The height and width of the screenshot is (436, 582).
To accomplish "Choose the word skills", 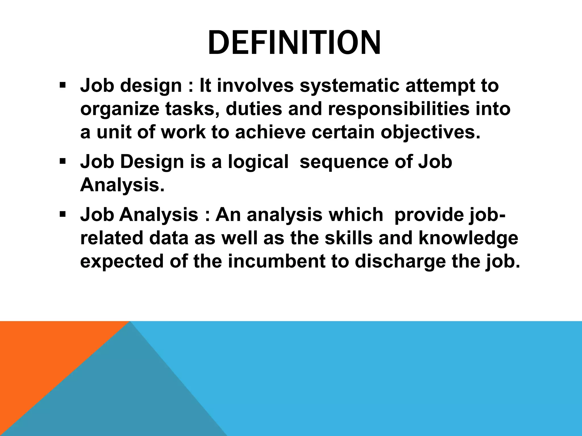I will [348, 238].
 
